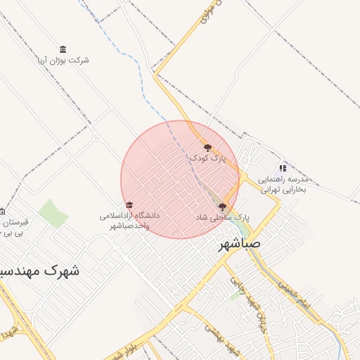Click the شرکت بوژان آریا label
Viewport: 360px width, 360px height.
[x=63, y=60]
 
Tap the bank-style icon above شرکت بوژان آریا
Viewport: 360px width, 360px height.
[x=63, y=49]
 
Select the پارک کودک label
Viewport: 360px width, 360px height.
[x=207, y=159]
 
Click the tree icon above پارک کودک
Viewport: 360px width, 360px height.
[x=207, y=148]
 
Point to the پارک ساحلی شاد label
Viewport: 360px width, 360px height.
[x=222, y=218]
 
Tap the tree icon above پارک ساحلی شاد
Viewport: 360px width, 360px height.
[x=223, y=207]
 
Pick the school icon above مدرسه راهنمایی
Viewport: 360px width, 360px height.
[x=282, y=168]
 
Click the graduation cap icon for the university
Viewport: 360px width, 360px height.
[x=129, y=205]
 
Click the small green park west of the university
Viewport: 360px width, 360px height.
[x=53, y=213]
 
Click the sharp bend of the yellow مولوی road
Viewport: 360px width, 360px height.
[x=155, y=72]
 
